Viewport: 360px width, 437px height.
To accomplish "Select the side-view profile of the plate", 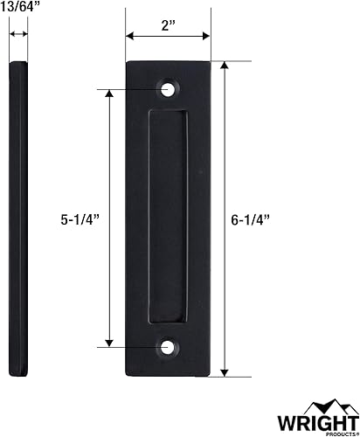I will point(18,218).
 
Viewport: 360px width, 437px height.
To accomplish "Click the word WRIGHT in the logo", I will point(312,422).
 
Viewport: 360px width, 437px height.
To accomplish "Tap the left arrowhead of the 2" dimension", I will point(128,36).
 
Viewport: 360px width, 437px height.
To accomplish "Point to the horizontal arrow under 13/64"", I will point(18,34).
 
